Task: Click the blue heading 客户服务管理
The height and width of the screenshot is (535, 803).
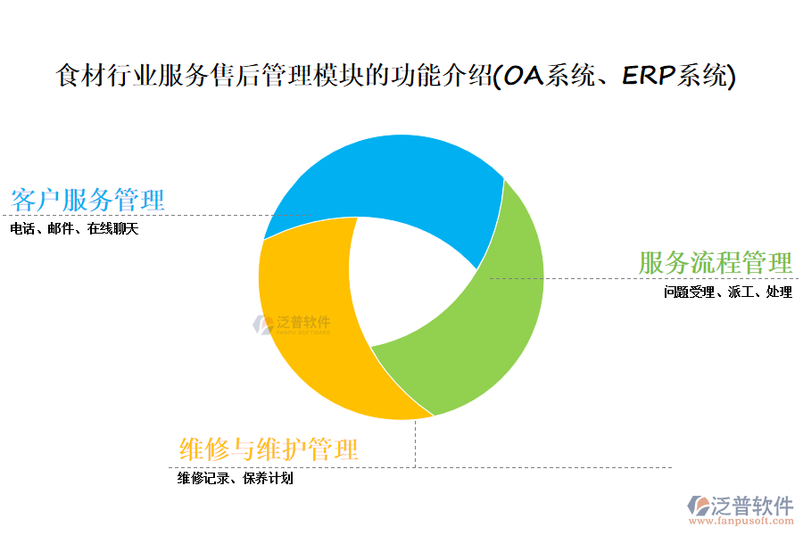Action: coord(87,200)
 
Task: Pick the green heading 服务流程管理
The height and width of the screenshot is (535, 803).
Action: coord(716,263)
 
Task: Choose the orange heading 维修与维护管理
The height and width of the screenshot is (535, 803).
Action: coord(269,449)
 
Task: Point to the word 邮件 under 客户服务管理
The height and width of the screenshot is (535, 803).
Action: coord(62,229)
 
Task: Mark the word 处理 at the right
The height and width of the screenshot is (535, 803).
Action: coord(779,292)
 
